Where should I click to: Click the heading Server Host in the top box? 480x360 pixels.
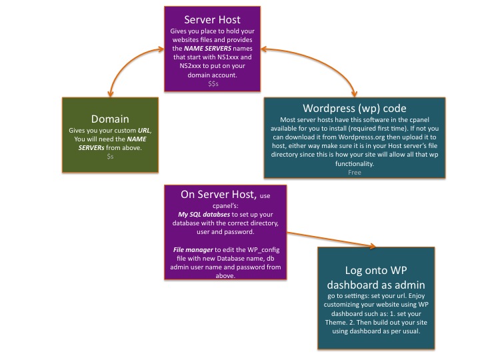coord(213,19)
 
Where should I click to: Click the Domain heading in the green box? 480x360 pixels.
coord(110,119)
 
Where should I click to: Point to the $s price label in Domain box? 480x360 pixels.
coord(110,155)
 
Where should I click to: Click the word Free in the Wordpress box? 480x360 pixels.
coord(354,172)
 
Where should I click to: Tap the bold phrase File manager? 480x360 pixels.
coord(191,248)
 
